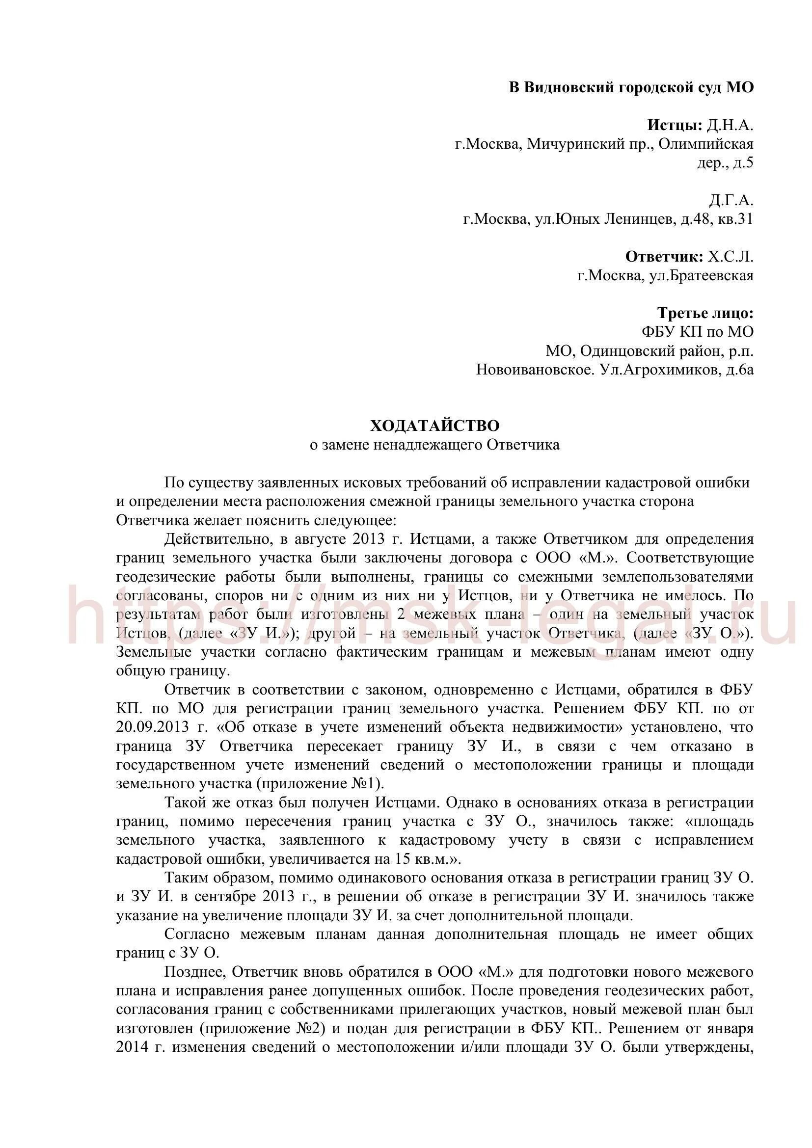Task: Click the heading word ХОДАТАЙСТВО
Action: [434, 426]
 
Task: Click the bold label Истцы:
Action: [675, 126]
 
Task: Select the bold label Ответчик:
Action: [664, 257]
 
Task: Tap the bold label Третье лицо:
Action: [705, 314]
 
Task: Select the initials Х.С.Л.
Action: [731, 257]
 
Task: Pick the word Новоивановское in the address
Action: [535, 370]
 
